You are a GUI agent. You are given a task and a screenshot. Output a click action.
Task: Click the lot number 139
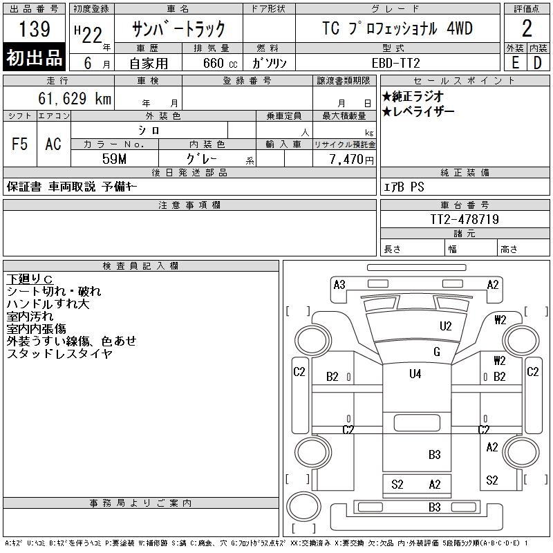[34, 29]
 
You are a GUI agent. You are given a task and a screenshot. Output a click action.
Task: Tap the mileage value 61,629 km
[75, 98]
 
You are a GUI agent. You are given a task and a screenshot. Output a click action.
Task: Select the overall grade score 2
[527, 28]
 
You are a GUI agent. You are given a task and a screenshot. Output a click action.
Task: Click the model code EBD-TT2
[395, 63]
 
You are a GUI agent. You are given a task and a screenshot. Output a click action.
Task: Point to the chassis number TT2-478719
[465, 219]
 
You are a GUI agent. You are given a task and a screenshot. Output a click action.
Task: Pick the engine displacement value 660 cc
[220, 64]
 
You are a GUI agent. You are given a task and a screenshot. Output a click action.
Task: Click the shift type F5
[20, 144]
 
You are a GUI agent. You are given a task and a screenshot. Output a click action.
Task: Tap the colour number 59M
[114, 159]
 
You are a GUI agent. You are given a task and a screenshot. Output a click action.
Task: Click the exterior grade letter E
[515, 63]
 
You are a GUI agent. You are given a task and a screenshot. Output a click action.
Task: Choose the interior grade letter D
[538, 63]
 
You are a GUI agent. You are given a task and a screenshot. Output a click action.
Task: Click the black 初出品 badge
[34, 57]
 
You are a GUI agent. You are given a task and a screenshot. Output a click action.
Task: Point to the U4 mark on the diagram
[415, 373]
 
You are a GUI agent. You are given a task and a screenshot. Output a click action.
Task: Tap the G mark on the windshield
[437, 352]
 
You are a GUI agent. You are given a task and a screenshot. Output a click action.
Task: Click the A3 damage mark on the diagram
[339, 285]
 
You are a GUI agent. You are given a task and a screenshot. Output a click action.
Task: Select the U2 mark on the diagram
[445, 326]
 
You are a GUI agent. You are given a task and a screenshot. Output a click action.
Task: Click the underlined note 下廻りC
[30, 279]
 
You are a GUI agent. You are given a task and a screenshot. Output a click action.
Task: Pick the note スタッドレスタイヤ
[59, 353]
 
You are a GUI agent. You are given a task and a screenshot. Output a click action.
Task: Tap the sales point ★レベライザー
[418, 112]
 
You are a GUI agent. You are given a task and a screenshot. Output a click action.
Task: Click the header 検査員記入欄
[140, 266]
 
